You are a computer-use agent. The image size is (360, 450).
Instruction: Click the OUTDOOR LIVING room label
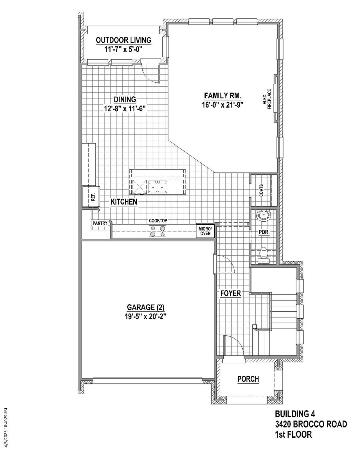[x=123, y=40]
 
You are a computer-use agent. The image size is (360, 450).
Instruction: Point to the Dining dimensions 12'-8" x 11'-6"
[x=125, y=109]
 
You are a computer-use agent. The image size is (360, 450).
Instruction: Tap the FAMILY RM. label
[x=222, y=95]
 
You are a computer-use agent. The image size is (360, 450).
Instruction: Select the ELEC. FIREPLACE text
[x=267, y=99]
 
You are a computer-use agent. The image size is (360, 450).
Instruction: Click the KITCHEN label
[x=124, y=202]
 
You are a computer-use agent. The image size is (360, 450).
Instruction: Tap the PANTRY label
[x=100, y=223]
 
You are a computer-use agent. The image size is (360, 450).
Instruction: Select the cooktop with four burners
[x=157, y=231]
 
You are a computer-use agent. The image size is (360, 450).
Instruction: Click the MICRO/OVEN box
[x=205, y=231]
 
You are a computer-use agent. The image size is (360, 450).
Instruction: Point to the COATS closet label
[x=261, y=191]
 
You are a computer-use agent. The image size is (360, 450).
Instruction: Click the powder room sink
[x=264, y=216]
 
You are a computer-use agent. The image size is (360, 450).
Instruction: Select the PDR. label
[x=264, y=233]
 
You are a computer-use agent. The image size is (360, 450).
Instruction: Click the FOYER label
[x=231, y=293]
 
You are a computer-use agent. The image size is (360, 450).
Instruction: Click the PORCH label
[x=248, y=379]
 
